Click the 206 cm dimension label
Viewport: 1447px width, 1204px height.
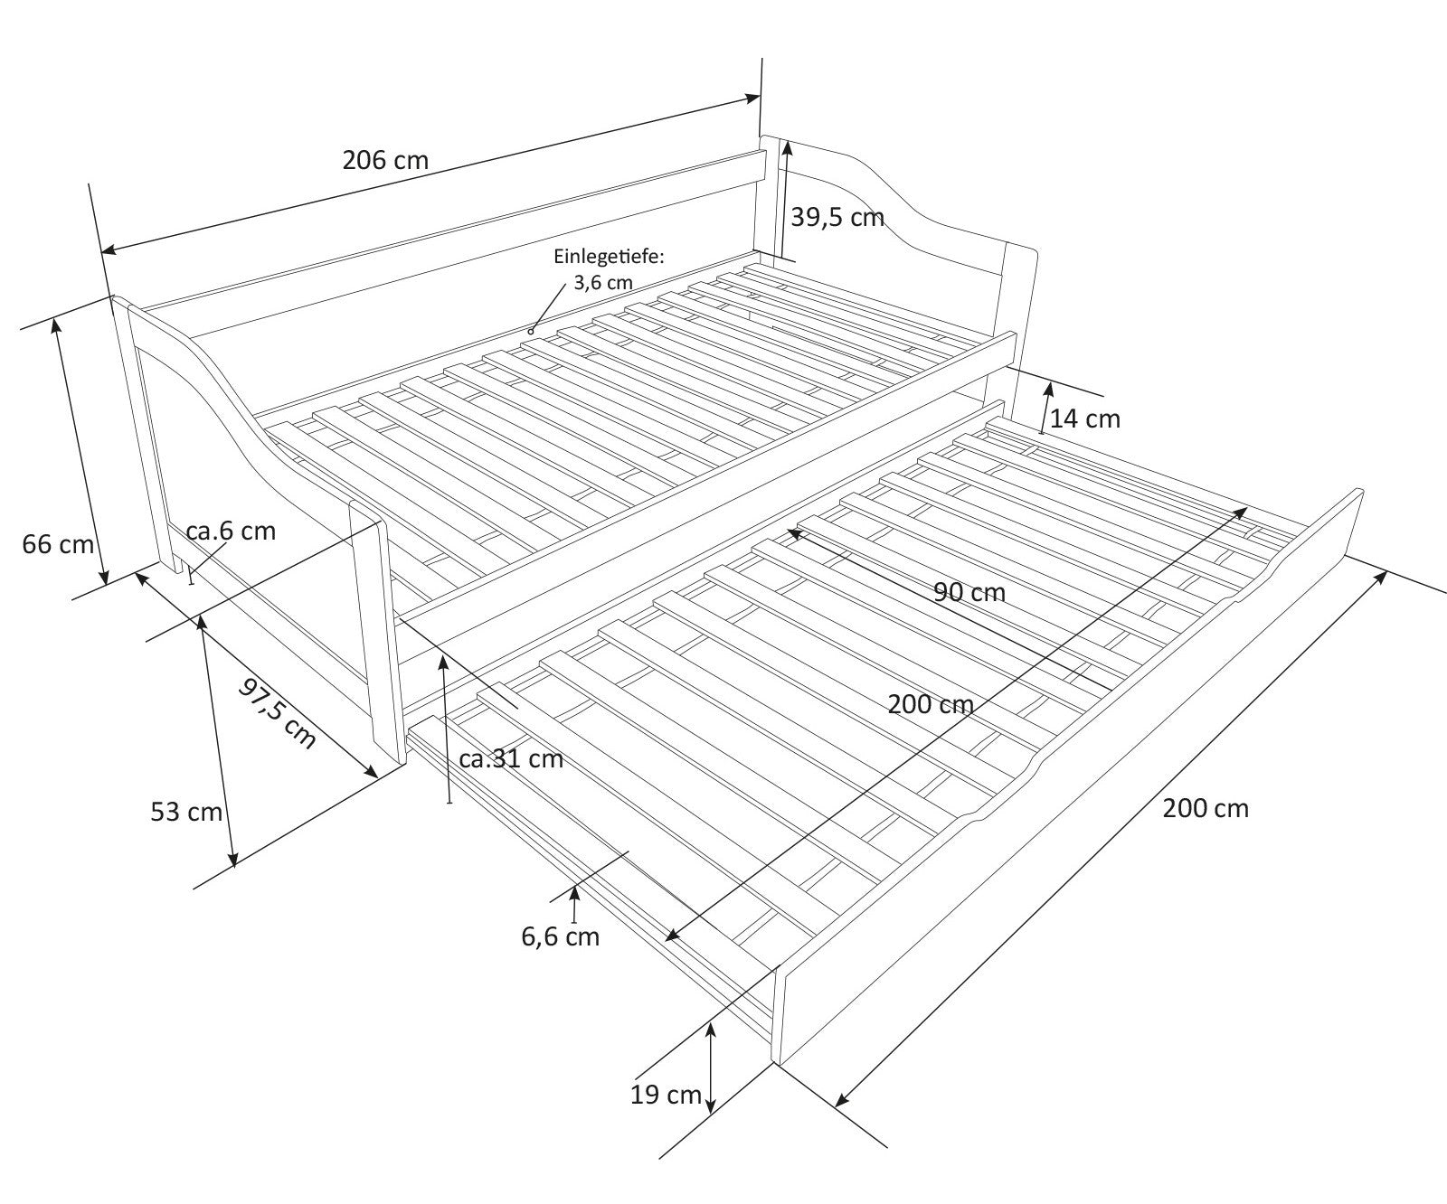[385, 160]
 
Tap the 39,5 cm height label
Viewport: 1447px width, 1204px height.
[837, 217]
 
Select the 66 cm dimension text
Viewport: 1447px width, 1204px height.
[58, 544]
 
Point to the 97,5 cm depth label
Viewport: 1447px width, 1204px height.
[278, 713]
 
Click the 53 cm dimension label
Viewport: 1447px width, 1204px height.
[186, 812]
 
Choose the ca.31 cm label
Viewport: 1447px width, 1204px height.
[511, 758]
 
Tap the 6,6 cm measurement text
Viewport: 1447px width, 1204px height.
[560, 936]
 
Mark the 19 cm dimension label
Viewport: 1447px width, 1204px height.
[667, 1095]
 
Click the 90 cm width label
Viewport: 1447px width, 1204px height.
[969, 592]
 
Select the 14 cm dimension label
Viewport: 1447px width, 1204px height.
[1085, 419]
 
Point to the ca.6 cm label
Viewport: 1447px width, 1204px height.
[231, 531]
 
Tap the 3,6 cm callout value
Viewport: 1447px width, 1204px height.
[603, 282]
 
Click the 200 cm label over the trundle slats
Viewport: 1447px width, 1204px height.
[931, 704]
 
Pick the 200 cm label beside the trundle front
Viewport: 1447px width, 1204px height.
[1206, 808]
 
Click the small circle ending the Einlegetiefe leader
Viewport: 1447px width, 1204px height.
[531, 332]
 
